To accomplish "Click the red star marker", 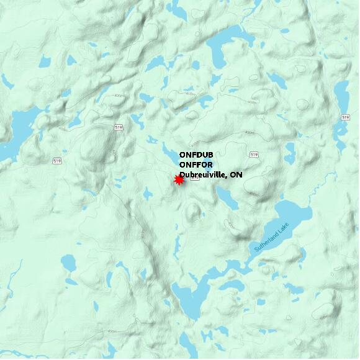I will tap(179, 180).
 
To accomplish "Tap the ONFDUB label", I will tap(196, 155).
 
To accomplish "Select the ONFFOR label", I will tap(196, 165).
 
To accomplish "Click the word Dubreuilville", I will tap(202, 176).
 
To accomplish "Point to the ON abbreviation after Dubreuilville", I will tap(236, 176).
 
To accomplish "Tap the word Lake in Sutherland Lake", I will tap(284, 230).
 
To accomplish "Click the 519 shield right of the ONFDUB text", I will tap(253, 154).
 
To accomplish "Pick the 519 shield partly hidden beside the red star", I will tap(194, 180).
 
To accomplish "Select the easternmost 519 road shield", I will tap(345, 117).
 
